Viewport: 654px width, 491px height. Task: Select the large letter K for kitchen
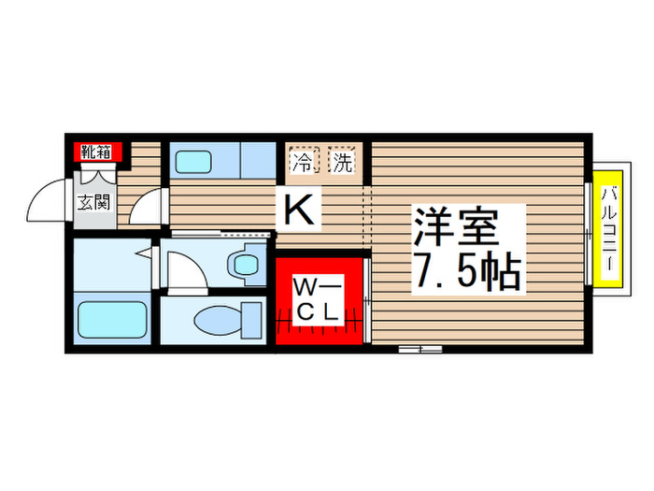click(x=298, y=207)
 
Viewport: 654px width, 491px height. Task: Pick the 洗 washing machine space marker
click(x=343, y=162)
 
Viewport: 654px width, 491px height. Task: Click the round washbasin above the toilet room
click(x=247, y=264)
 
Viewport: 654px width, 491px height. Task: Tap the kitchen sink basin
click(x=194, y=160)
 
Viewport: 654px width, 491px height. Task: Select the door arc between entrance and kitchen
click(x=146, y=206)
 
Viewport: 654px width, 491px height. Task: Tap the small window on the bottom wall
click(x=419, y=349)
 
